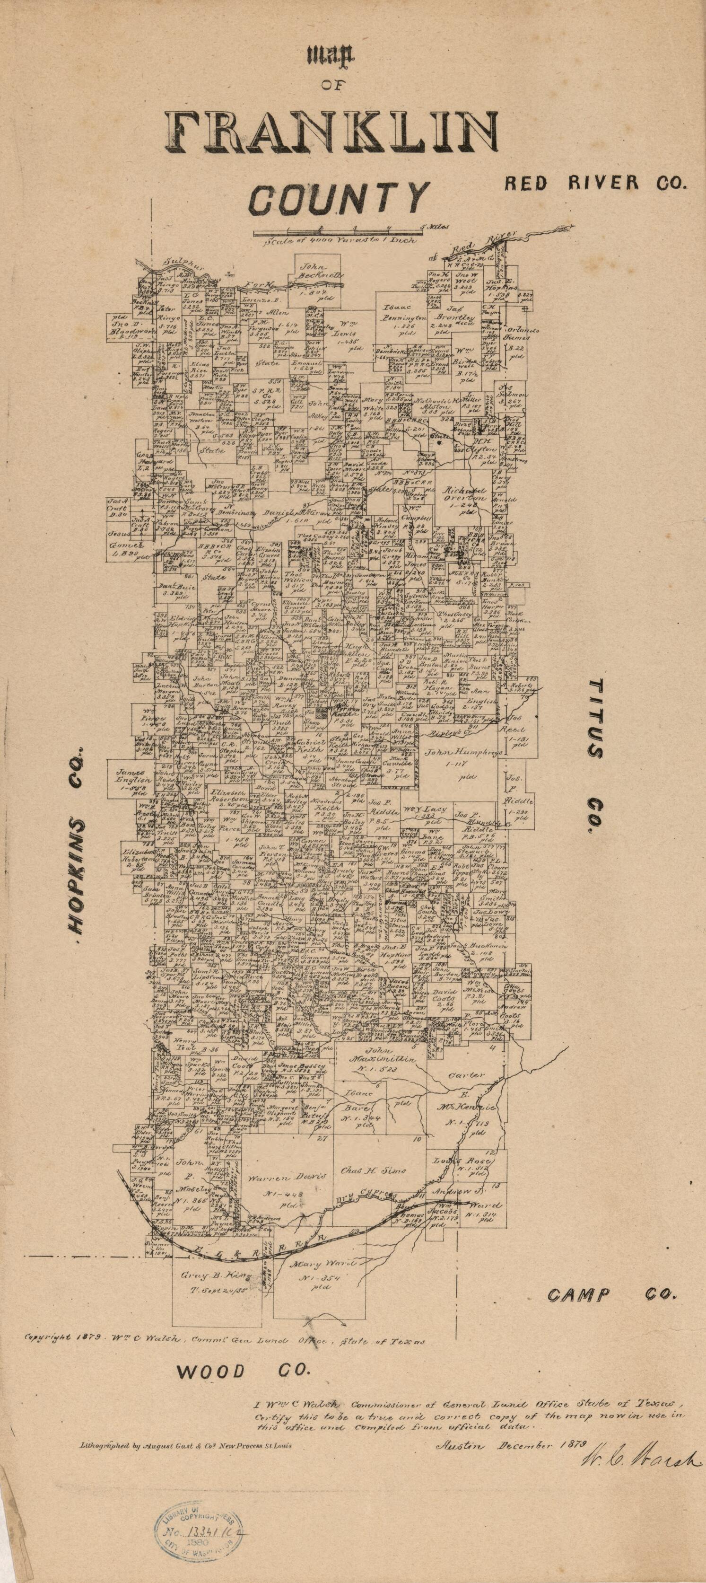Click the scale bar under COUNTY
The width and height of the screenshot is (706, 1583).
pos(337,232)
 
